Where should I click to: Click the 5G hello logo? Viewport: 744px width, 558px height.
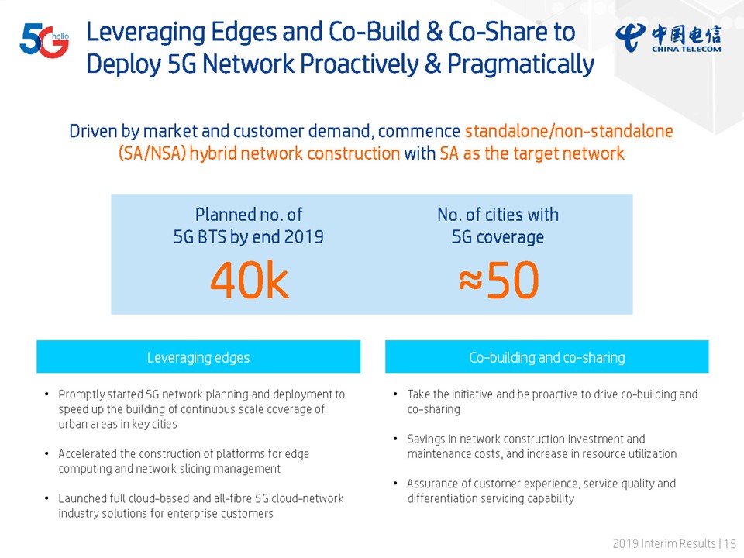(x=44, y=41)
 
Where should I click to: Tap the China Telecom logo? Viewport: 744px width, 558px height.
(x=669, y=38)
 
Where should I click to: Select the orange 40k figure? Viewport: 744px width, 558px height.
(x=249, y=281)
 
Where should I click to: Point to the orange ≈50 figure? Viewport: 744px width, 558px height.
(x=498, y=281)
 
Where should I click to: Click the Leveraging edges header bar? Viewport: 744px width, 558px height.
(x=198, y=356)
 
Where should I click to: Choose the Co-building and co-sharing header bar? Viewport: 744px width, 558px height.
(x=546, y=356)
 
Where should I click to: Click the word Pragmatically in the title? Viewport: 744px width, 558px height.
(x=521, y=64)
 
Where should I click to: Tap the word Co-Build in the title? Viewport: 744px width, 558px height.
(x=374, y=32)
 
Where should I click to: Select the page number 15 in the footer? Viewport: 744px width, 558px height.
(x=730, y=543)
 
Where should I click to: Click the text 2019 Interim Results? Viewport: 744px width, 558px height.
(x=664, y=543)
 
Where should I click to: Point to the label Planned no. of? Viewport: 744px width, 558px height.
(x=249, y=215)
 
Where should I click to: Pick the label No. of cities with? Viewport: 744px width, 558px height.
(x=498, y=215)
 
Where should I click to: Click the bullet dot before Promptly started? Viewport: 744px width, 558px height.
(x=46, y=394)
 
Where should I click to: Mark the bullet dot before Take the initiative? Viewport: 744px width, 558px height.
(x=395, y=394)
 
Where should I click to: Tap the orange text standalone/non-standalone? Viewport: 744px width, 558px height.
(x=569, y=131)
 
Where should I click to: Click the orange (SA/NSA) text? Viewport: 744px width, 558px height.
(x=152, y=153)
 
